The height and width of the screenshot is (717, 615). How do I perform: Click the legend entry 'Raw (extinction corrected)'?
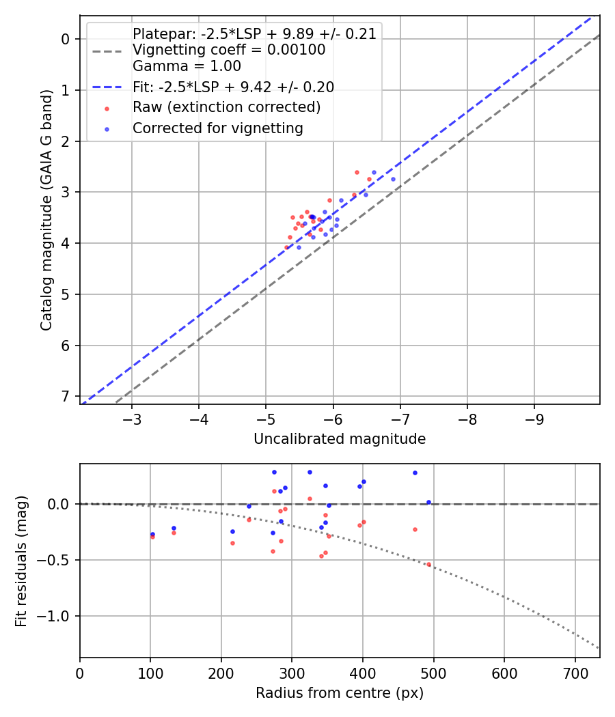[226, 107]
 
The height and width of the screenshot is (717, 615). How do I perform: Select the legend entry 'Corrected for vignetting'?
[218, 128]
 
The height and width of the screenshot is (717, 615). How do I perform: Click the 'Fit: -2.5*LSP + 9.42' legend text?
[233, 87]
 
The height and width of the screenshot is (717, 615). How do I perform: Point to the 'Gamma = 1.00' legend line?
[187, 66]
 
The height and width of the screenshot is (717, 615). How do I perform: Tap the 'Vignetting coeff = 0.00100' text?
[229, 50]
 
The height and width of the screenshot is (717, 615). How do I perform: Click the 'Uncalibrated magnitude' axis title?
[340, 439]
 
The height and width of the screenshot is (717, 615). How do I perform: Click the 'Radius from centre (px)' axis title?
[340, 693]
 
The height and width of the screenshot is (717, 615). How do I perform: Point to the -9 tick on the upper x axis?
[534, 418]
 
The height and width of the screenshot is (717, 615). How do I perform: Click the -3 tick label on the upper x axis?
[132, 418]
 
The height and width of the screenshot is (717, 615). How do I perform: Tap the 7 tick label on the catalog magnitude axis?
[66, 396]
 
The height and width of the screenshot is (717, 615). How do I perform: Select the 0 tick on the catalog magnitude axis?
[66, 39]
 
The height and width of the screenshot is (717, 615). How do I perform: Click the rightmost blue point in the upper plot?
[393, 179]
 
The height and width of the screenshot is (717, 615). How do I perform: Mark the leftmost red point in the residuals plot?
[152, 537]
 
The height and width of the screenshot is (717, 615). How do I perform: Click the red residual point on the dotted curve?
[429, 564]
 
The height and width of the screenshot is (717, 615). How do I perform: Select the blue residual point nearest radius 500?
[428, 502]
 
